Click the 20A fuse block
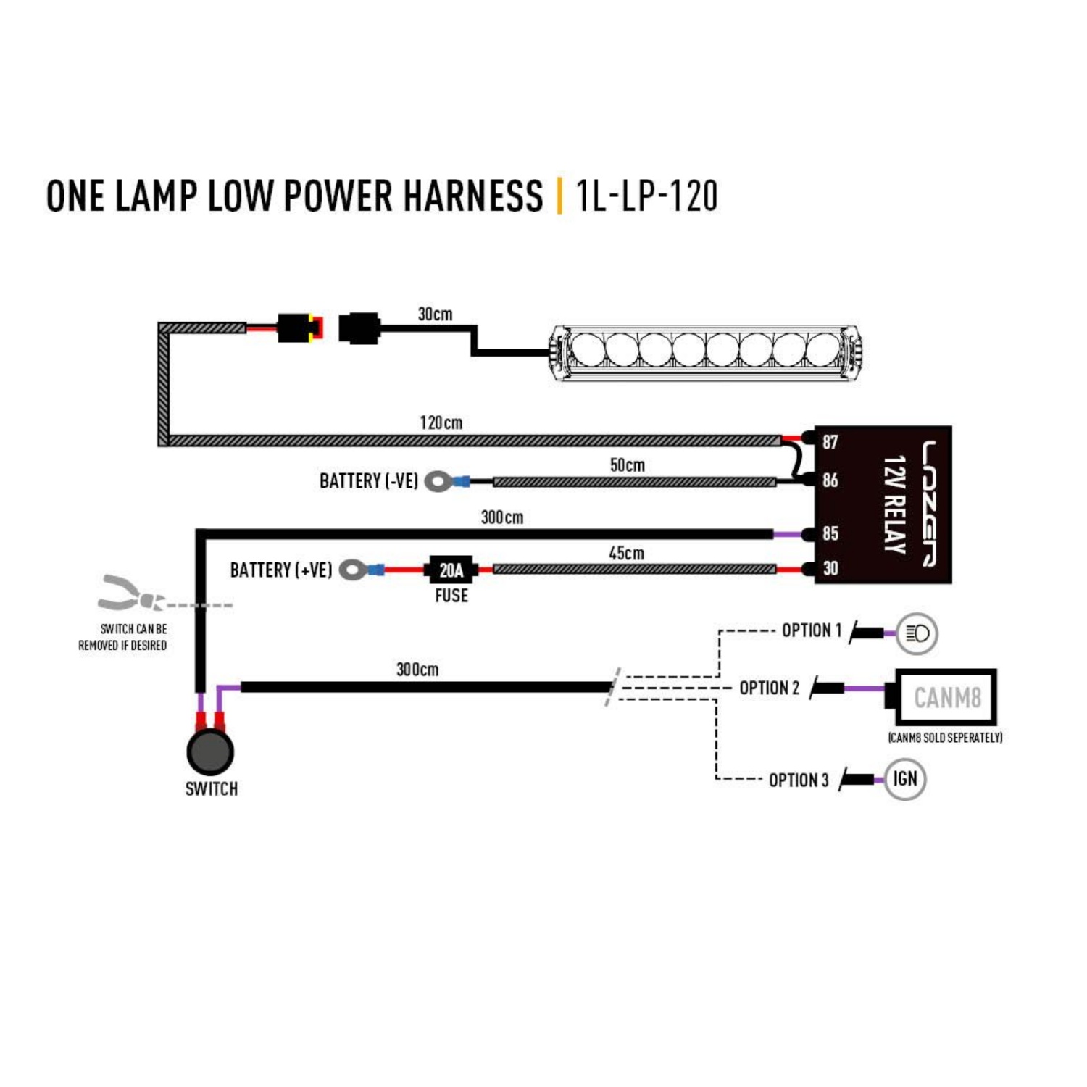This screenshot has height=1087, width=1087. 451,570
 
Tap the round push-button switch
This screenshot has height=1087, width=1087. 210,751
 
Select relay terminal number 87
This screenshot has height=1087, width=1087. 830,442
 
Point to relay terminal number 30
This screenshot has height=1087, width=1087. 830,569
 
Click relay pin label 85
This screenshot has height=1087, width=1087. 830,534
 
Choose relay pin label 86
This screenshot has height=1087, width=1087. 830,480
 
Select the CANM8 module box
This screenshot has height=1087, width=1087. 946,697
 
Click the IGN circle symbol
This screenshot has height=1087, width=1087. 905,779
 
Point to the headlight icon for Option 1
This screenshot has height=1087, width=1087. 917,633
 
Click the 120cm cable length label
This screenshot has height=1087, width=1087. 441,422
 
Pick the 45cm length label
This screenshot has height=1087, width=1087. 626,554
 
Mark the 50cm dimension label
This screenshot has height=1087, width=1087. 627,465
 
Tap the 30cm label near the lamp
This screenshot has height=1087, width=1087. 435,314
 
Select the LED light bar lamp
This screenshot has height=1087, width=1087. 704,353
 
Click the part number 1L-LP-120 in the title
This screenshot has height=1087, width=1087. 646,196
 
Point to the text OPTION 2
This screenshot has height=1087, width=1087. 769,688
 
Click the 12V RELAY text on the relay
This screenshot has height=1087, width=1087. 895,504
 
